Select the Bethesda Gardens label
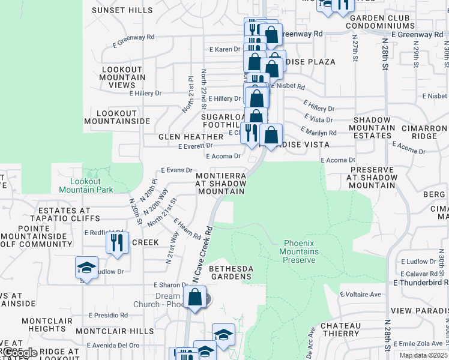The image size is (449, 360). (x=230, y=272)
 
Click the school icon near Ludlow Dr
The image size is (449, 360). (x=86, y=268)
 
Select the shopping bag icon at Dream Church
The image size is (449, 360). (x=195, y=296)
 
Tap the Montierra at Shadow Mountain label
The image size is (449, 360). (x=221, y=183)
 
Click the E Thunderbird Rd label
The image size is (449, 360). (x=421, y=282)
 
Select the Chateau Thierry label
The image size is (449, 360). (x=340, y=329)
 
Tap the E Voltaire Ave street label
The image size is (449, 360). (x=361, y=295)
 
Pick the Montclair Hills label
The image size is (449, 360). (x=115, y=331)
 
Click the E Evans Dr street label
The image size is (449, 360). (x=176, y=171)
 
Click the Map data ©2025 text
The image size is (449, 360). (x=424, y=355)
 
